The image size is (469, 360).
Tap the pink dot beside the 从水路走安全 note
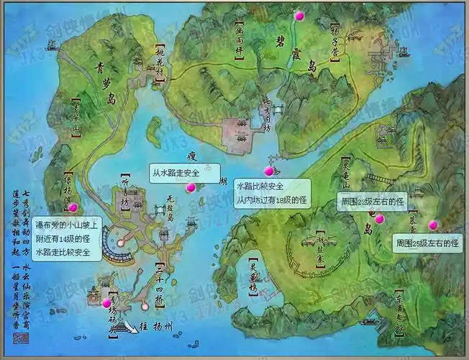point(191,187)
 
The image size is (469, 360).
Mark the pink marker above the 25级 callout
point(432,225)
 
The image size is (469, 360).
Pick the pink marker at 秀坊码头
point(106,303)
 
